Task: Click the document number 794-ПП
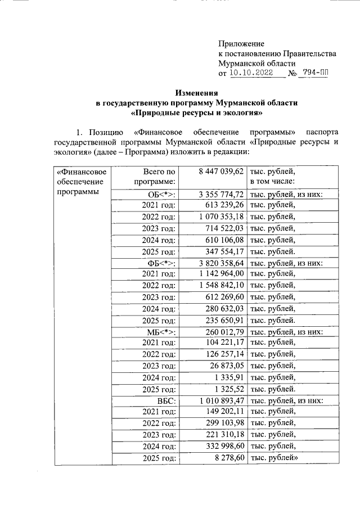(x=317, y=74)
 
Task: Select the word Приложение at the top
(x=241, y=43)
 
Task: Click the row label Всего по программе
(x=155, y=176)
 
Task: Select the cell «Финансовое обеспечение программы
(x=82, y=182)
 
